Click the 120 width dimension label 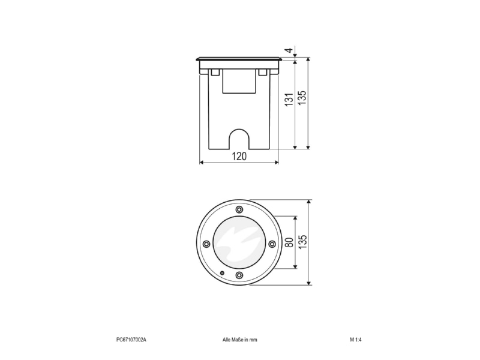coord(239,156)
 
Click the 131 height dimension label coord(289,100)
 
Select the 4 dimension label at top coord(289,50)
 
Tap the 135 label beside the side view coord(302,98)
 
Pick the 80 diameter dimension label coord(289,242)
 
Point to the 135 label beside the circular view coord(302,242)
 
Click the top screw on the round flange coord(239,209)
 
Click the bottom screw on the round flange coord(239,275)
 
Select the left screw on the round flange coord(206,244)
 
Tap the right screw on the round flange coord(272,244)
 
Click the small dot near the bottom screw coord(223,273)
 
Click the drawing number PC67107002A coord(131,340)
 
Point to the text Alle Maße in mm coord(239,340)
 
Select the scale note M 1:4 coord(356,340)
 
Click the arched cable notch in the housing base coord(239,139)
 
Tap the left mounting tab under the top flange coord(215,72)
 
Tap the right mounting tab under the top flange coord(263,72)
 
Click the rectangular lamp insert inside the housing coord(239,81)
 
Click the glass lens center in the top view coord(239,242)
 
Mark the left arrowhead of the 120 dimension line coord(202,162)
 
